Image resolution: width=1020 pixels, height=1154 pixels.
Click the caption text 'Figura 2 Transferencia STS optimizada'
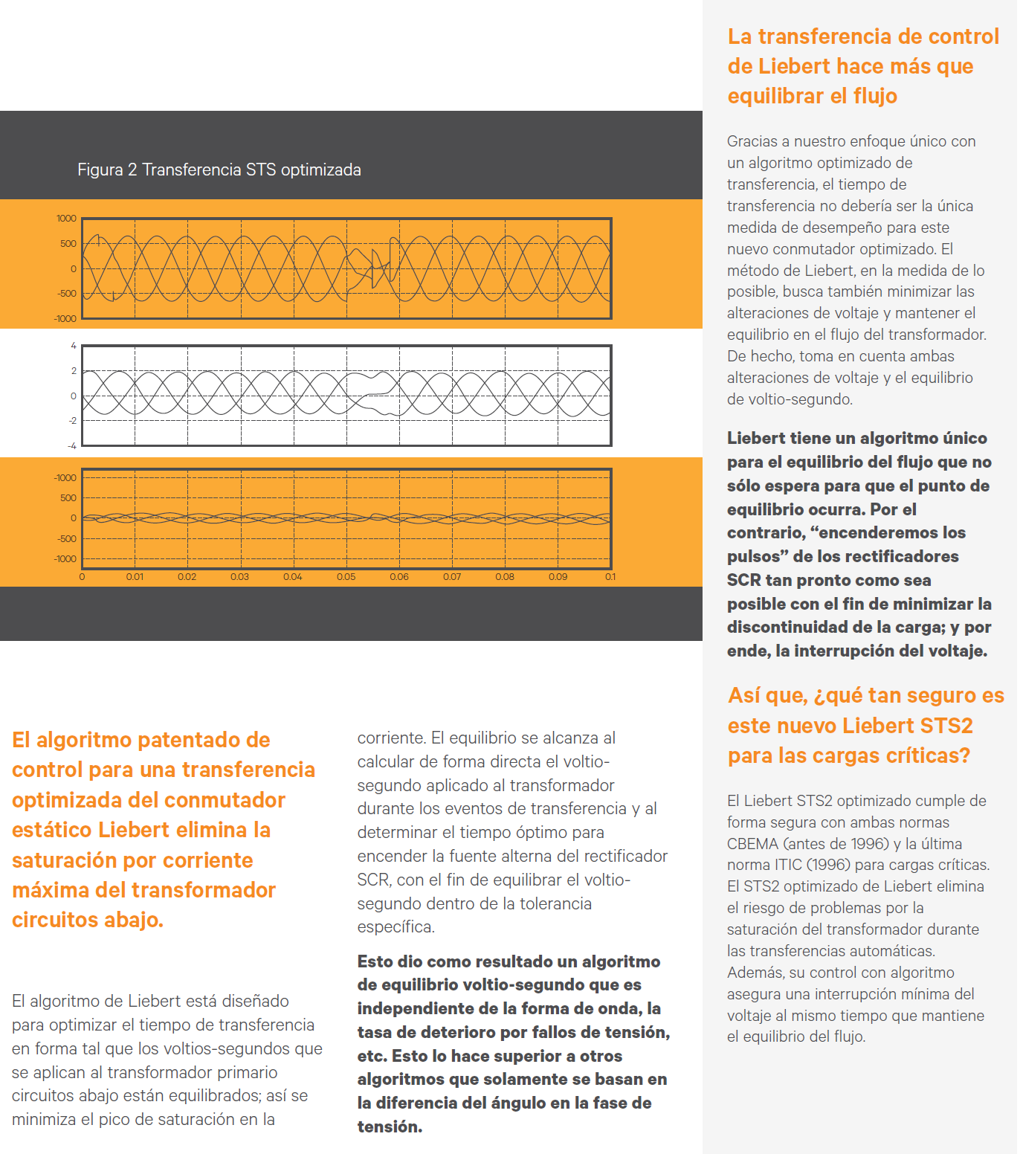(x=219, y=170)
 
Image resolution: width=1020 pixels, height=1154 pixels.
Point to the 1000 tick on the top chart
(x=66, y=219)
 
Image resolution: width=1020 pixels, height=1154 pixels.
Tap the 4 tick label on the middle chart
(x=74, y=346)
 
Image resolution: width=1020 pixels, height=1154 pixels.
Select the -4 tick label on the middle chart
(x=71, y=445)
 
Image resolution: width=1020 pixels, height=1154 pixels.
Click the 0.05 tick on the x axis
(x=346, y=577)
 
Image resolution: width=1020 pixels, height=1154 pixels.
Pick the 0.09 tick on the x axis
(x=558, y=577)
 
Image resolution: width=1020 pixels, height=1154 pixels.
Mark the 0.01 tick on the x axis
(x=135, y=577)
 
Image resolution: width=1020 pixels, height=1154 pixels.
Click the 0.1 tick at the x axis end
(x=610, y=577)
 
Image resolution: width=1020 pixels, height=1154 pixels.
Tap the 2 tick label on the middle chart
(x=74, y=371)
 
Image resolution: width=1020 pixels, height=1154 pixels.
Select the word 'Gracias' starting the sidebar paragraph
(x=752, y=141)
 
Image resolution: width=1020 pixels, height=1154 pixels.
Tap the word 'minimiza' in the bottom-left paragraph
(x=44, y=1119)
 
